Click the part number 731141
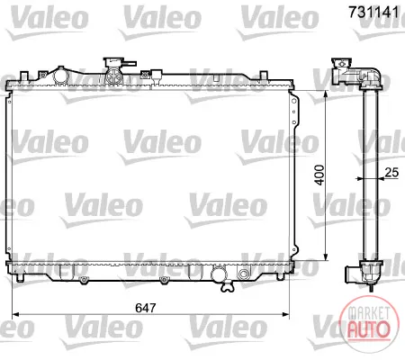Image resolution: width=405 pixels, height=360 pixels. (373, 12)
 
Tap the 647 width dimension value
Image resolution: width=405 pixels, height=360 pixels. (146, 308)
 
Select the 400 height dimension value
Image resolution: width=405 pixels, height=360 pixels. (319, 175)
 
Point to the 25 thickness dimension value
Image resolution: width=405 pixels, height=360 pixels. (391, 173)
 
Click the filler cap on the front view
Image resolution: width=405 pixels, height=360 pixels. (114, 63)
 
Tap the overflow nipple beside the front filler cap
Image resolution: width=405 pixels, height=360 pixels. (130, 64)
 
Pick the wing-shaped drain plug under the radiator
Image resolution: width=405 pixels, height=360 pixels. (227, 287)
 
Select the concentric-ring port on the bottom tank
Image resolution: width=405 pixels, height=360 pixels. (243, 274)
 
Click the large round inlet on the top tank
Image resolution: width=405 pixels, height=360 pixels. (59, 76)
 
